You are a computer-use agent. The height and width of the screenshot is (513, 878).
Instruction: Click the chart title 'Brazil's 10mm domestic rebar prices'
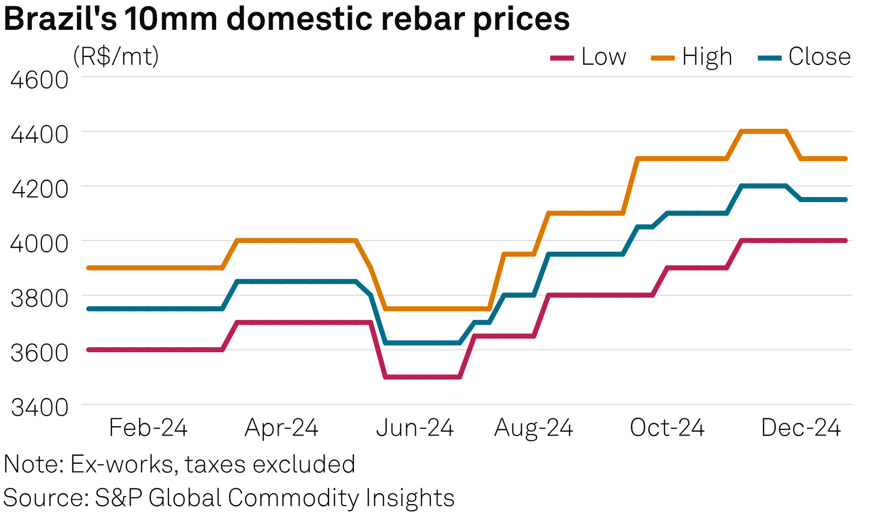[x=286, y=20]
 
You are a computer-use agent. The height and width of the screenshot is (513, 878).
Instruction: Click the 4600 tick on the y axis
[x=40, y=80]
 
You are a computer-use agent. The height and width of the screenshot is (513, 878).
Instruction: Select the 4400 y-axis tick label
[x=40, y=135]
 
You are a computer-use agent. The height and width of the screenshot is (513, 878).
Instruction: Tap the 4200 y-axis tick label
[x=40, y=189]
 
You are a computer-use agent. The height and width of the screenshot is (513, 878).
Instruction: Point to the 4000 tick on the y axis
[x=40, y=243]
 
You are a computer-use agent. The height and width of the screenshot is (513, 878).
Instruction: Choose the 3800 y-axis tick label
[x=40, y=298]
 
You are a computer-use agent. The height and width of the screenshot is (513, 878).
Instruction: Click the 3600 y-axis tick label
[x=40, y=353]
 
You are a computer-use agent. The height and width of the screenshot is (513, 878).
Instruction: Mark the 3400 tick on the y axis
[x=40, y=407]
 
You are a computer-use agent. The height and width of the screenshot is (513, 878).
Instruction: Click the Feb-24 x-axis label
[x=148, y=428]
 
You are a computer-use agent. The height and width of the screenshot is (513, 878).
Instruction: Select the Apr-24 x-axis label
[x=282, y=428]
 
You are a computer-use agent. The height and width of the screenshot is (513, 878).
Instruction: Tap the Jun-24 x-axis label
[x=415, y=428]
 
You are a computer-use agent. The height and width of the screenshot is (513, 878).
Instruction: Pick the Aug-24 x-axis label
[x=534, y=428]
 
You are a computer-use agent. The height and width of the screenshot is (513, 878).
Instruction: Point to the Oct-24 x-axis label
[x=667, y=428]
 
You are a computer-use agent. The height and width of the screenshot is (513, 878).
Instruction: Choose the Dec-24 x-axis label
[x=801, y=428]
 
